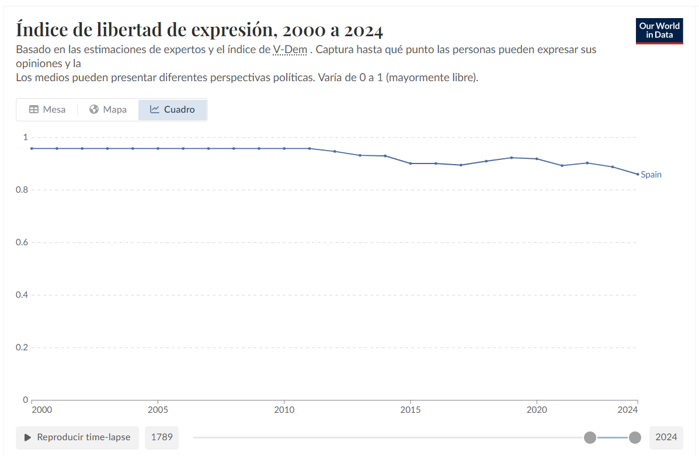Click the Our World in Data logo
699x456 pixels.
(x=659, y=30)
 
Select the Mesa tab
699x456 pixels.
(x=47, y=110)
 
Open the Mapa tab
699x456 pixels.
(x=108, y=110)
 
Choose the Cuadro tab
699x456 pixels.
(x=172, y=110)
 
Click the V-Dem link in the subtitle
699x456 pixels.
(x=290, y=50)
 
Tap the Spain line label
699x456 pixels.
(x=651, y=175)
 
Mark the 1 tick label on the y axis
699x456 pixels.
(x=25, y=137)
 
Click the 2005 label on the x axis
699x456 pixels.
(x=158, y=410)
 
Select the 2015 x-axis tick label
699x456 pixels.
(x=411, y=410)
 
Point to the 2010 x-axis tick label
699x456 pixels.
(x=284, y=410)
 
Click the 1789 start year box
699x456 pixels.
(x=162, y=437)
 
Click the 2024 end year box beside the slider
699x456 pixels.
(x=666, y=437)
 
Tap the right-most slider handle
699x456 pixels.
(x=635, y=437)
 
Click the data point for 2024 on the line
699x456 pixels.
(x=638, y=174)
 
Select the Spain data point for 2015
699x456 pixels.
(x=411, y=163)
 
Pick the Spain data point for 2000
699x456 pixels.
(x=32, y=148)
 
